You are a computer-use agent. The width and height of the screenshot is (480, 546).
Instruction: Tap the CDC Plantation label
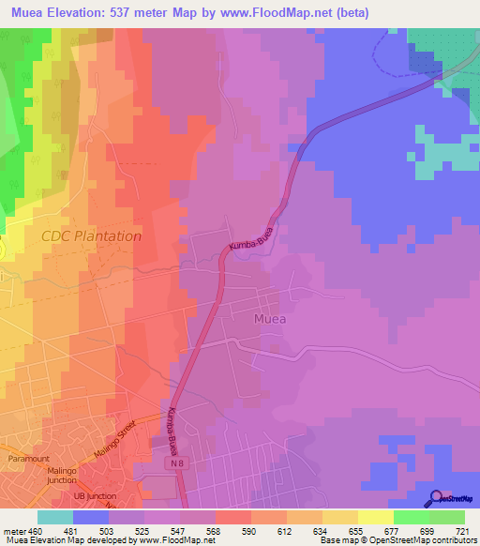91,236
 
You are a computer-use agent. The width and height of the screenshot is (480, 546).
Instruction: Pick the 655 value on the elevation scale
347,531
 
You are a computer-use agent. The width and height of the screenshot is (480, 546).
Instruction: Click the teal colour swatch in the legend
54,517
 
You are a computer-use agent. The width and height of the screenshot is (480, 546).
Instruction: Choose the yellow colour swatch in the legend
375,517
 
